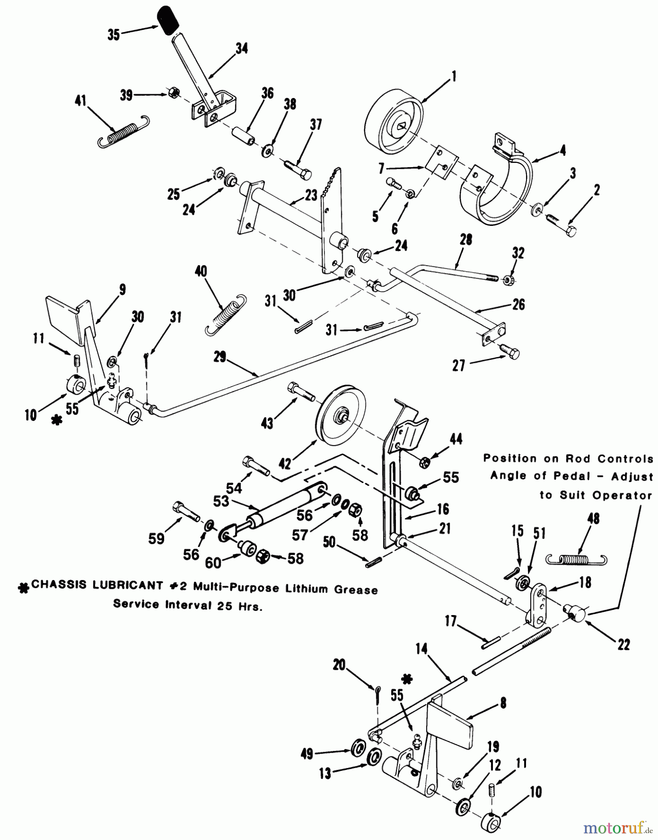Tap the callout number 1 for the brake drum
[x=453, y=77]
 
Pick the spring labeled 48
[x=576, y=559]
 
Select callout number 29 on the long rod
[x=221, y=357]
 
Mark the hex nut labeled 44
[x=425, y=462]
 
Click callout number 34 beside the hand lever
[x=242, y=48]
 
